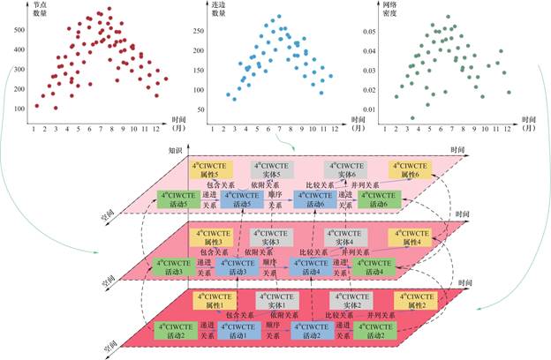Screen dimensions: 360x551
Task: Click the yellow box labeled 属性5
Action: [209, 168]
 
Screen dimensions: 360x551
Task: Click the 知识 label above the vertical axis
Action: [175, 151]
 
